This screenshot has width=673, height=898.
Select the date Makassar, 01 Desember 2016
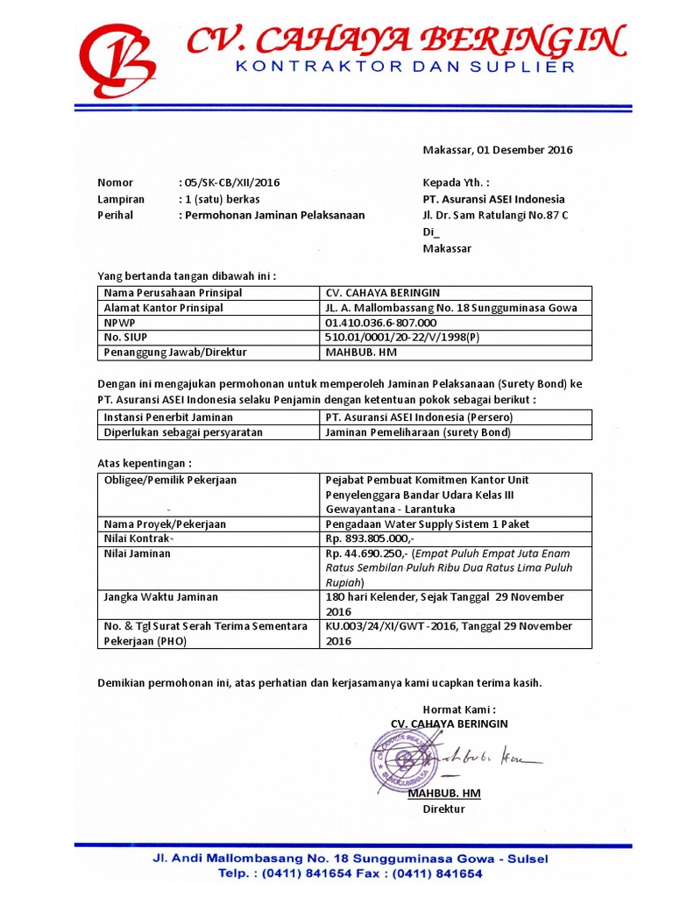[x=498, y=150]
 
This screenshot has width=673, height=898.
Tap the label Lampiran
[x=121, y=199]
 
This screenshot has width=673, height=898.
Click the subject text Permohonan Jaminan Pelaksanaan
[x=273, y=215]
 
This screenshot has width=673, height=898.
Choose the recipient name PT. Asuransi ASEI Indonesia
[x=493, y=199]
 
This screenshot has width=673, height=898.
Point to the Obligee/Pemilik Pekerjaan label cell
[x=170, y=481]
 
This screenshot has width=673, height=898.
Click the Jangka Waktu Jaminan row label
[x=160, y=597]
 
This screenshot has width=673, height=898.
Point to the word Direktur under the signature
[x=443, y=809]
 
